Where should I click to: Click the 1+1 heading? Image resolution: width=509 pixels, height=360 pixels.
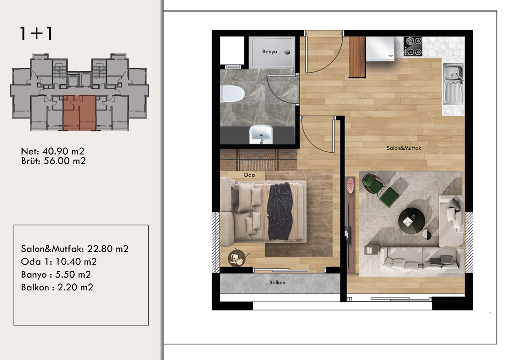36,34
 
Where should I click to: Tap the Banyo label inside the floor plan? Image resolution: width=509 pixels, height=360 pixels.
270,52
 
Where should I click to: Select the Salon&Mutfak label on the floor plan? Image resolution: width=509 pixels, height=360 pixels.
404,148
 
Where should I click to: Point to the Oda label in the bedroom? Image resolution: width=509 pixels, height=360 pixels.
249,175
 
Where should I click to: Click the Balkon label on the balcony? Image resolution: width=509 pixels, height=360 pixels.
277,282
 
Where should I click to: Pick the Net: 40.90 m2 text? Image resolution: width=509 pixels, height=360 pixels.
52,152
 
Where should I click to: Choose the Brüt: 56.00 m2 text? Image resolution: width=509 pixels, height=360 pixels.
53,161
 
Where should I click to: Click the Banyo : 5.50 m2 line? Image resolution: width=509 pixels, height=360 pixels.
56,274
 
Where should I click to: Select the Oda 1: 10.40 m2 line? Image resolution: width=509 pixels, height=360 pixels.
59,262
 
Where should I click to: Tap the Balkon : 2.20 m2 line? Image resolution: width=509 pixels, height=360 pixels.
57,287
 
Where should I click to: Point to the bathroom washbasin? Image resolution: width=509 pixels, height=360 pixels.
261,134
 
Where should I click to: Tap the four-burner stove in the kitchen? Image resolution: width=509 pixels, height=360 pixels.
413,46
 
